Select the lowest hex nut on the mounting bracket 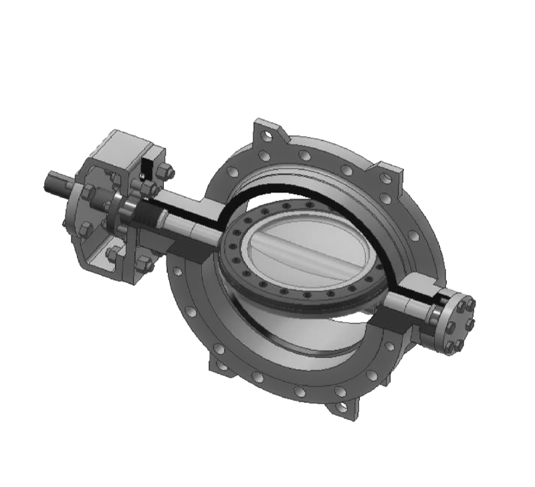point(144,264)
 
